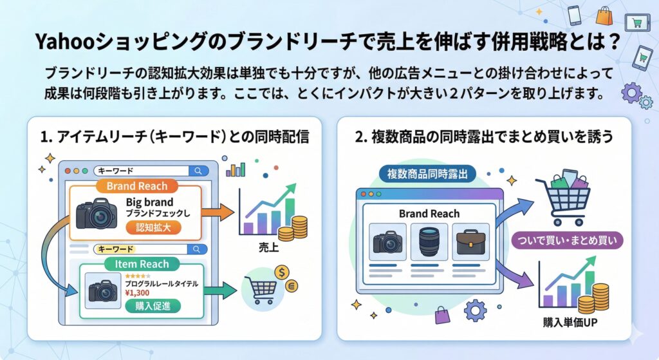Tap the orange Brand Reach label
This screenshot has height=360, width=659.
(x=136, y=186)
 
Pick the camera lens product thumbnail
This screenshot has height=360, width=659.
(x=429, y=242)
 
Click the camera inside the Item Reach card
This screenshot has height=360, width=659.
(x=103, y=290)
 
